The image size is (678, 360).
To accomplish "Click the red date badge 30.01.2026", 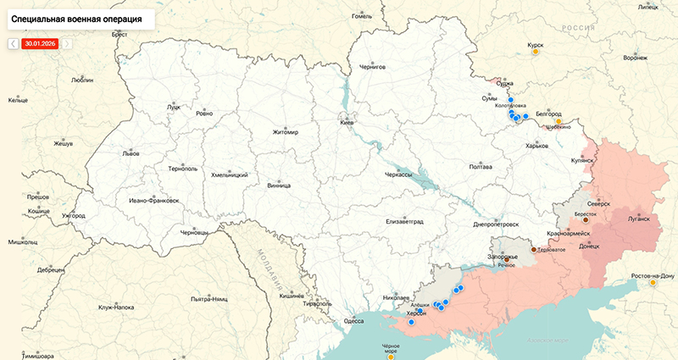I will click(x=40, y=42).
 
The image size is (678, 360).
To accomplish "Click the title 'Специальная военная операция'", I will click(x=76, y=18).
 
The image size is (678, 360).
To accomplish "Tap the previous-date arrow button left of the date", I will click(x=14, y=42).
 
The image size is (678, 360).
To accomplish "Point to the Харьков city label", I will click(x=536, y=146).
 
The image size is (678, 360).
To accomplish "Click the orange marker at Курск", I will click(x=535, y=52).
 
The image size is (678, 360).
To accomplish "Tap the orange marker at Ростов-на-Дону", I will click(x=653, y=283).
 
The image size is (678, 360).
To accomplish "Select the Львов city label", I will click(x=131, y=154).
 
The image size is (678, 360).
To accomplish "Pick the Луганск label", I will click(x=636, y=218).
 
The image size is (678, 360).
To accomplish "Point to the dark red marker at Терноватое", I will click(x=533, y=250).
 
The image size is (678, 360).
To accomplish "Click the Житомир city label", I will click(x=286, y=132).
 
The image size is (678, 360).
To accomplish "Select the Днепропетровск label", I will click(x=495, y=224).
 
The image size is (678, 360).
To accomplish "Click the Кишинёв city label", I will click(x=292, y=296).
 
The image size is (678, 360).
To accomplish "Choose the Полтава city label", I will click(x=480, y=167).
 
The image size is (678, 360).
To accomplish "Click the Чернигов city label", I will click(x=372, y=65).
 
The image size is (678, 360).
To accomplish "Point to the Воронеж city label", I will click(x=635, y=58).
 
